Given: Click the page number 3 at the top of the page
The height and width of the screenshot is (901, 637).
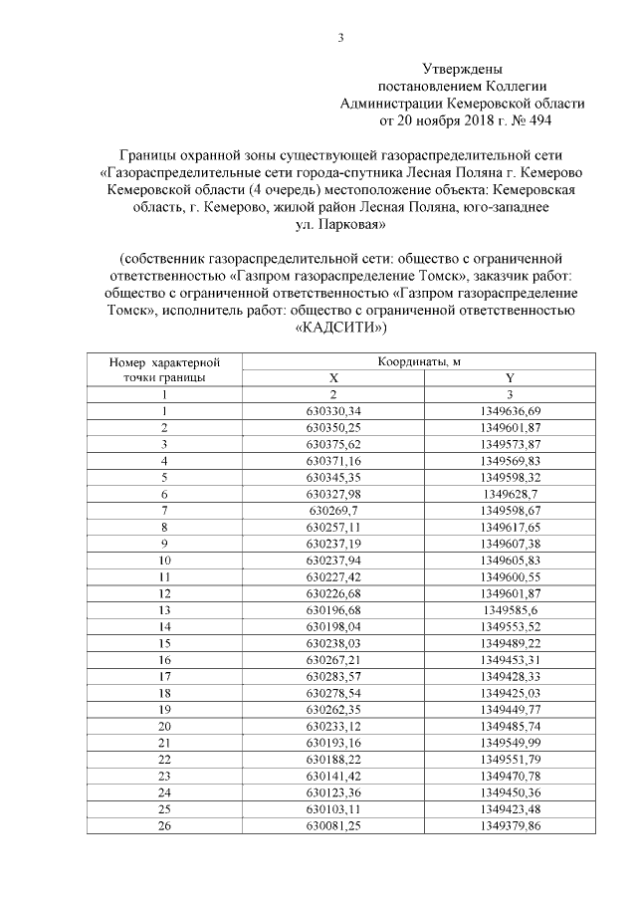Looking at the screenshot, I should pyautogui.click(x=340, y=39).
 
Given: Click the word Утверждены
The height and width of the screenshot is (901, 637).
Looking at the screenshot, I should pyautogui.click(x=462, y=70).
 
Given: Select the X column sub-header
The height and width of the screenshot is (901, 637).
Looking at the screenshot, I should pyautogui.click(x=333, y=378).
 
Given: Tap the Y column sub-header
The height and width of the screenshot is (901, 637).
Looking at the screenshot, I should pyautogui.click(x=509, y=378).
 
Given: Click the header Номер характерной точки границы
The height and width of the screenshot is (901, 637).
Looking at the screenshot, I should pyautogui.click(x=163, y=370).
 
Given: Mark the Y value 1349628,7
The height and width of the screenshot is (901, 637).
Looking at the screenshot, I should pyautogui.click(x=509, y=494).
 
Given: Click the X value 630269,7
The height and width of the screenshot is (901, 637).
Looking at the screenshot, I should pyautogui.click(x=333, y=510).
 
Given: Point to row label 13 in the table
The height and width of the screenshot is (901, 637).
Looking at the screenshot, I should pyautogui.click(x=163, y=608).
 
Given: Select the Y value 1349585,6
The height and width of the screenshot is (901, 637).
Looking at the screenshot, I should pyautogui.click(x=509, y=608).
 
